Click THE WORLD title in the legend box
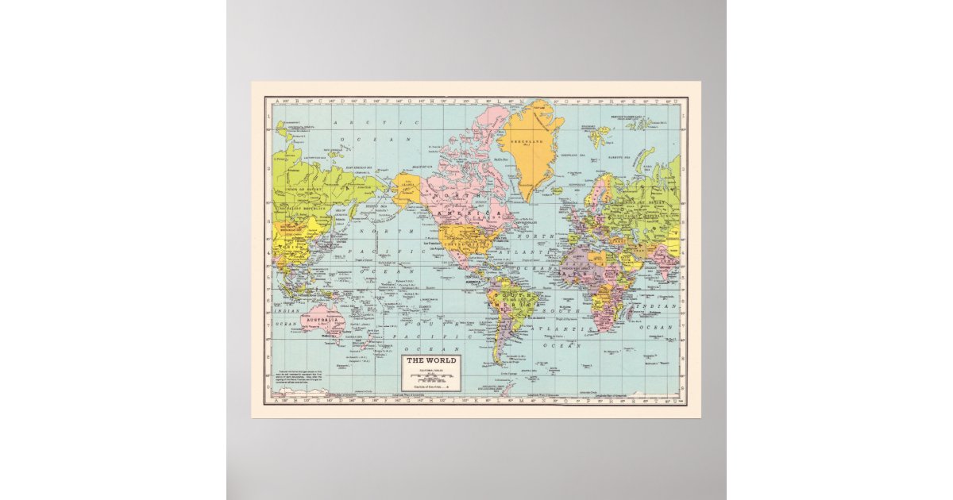[431, 361]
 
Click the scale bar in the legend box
[431, 376]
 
